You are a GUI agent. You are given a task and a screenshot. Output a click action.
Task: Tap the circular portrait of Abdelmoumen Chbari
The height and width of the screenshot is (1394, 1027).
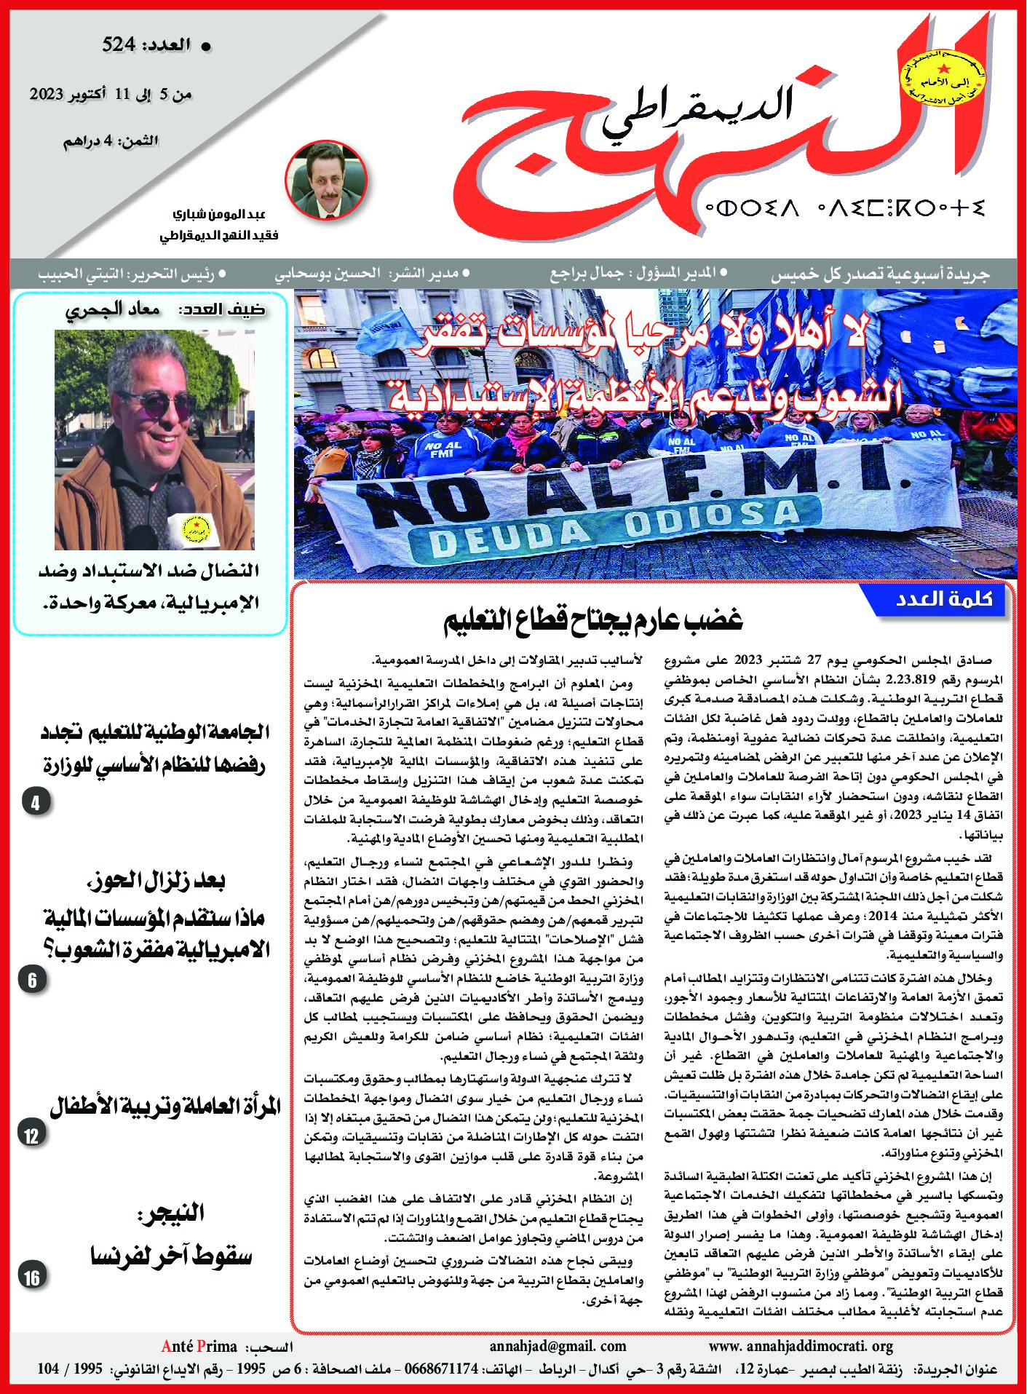[x=326, y=178]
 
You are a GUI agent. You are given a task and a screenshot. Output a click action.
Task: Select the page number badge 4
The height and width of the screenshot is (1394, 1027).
[x=35, y=803]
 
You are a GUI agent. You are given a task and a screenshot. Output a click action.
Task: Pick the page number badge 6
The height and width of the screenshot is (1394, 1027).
[x=33, y=980]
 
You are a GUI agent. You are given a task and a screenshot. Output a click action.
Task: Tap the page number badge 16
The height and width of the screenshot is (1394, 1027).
[x=32, y=1277]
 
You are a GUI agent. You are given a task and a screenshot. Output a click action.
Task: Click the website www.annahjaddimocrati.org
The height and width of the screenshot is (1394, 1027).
[x=800, y=1346]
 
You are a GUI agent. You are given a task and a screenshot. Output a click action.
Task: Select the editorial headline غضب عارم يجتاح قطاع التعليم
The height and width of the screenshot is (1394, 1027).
[x=593, y=620]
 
